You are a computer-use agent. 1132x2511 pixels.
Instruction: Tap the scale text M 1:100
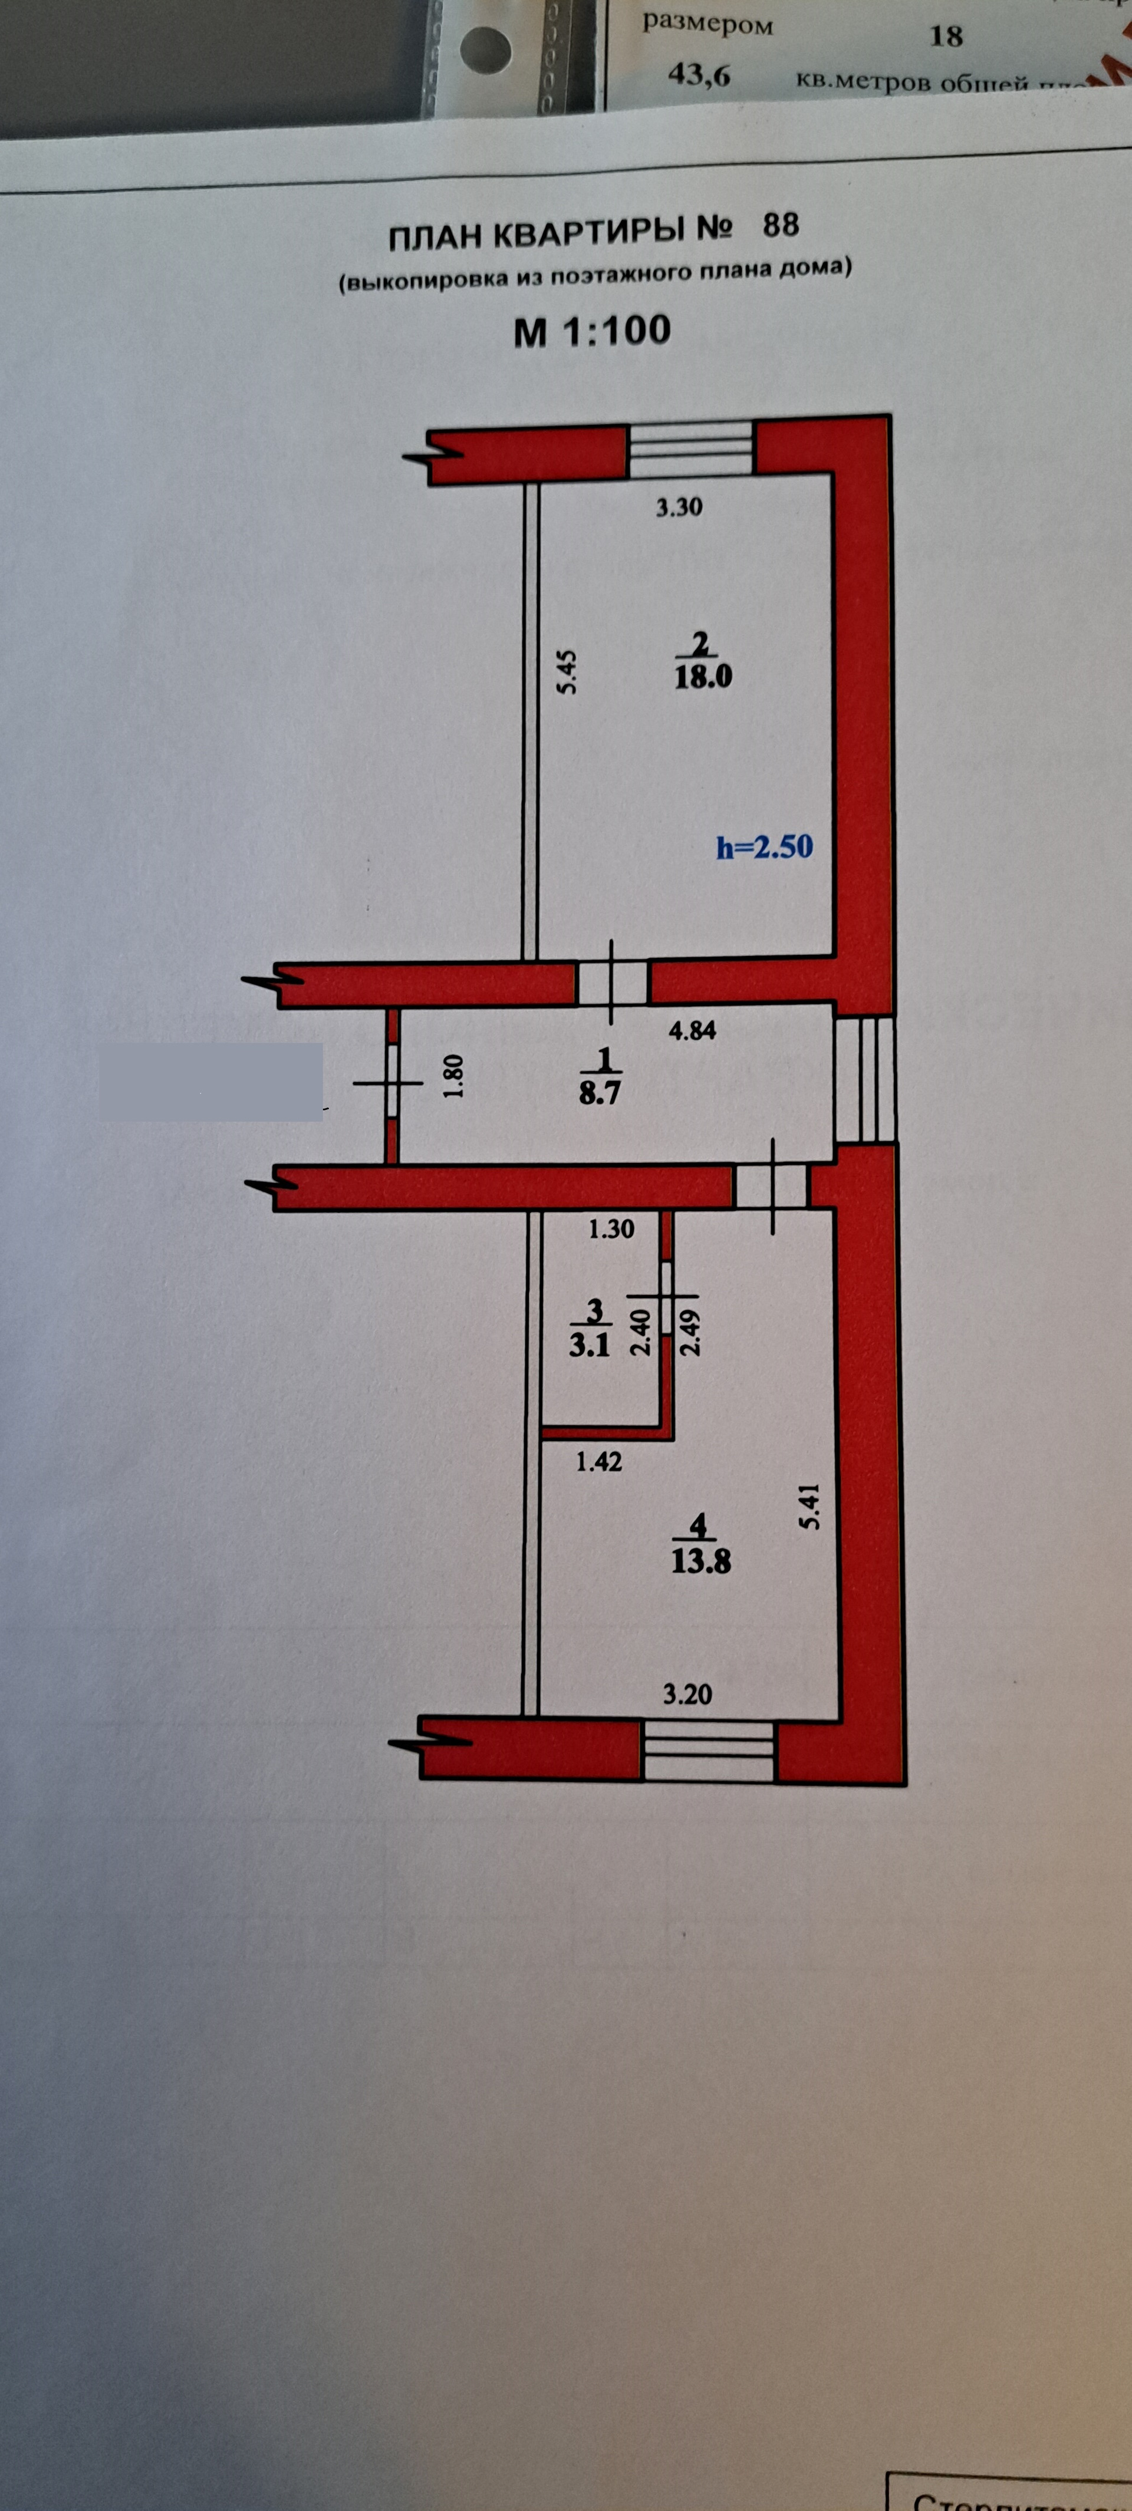click(592, 331)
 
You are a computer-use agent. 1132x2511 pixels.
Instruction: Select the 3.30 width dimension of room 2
click(679, 507)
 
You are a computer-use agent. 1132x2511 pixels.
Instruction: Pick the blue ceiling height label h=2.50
click(765, 846)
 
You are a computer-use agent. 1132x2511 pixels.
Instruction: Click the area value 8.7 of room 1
click(600, 1093)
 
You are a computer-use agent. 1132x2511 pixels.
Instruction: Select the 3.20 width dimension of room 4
click(687, 1694)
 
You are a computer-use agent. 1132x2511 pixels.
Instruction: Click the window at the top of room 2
click(690, 449)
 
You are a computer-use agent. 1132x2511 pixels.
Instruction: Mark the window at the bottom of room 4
click(708, 1751)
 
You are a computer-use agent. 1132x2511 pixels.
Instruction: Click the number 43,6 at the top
click(698, 75)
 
